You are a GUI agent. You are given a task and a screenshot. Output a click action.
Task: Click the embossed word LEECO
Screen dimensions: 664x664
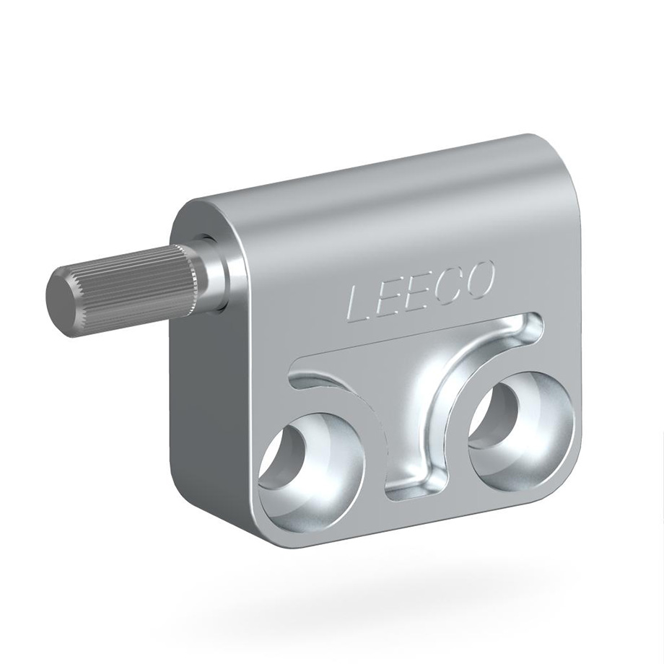tap(419, 294)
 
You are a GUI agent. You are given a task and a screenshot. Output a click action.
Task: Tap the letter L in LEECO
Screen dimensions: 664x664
tap(360, 305)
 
